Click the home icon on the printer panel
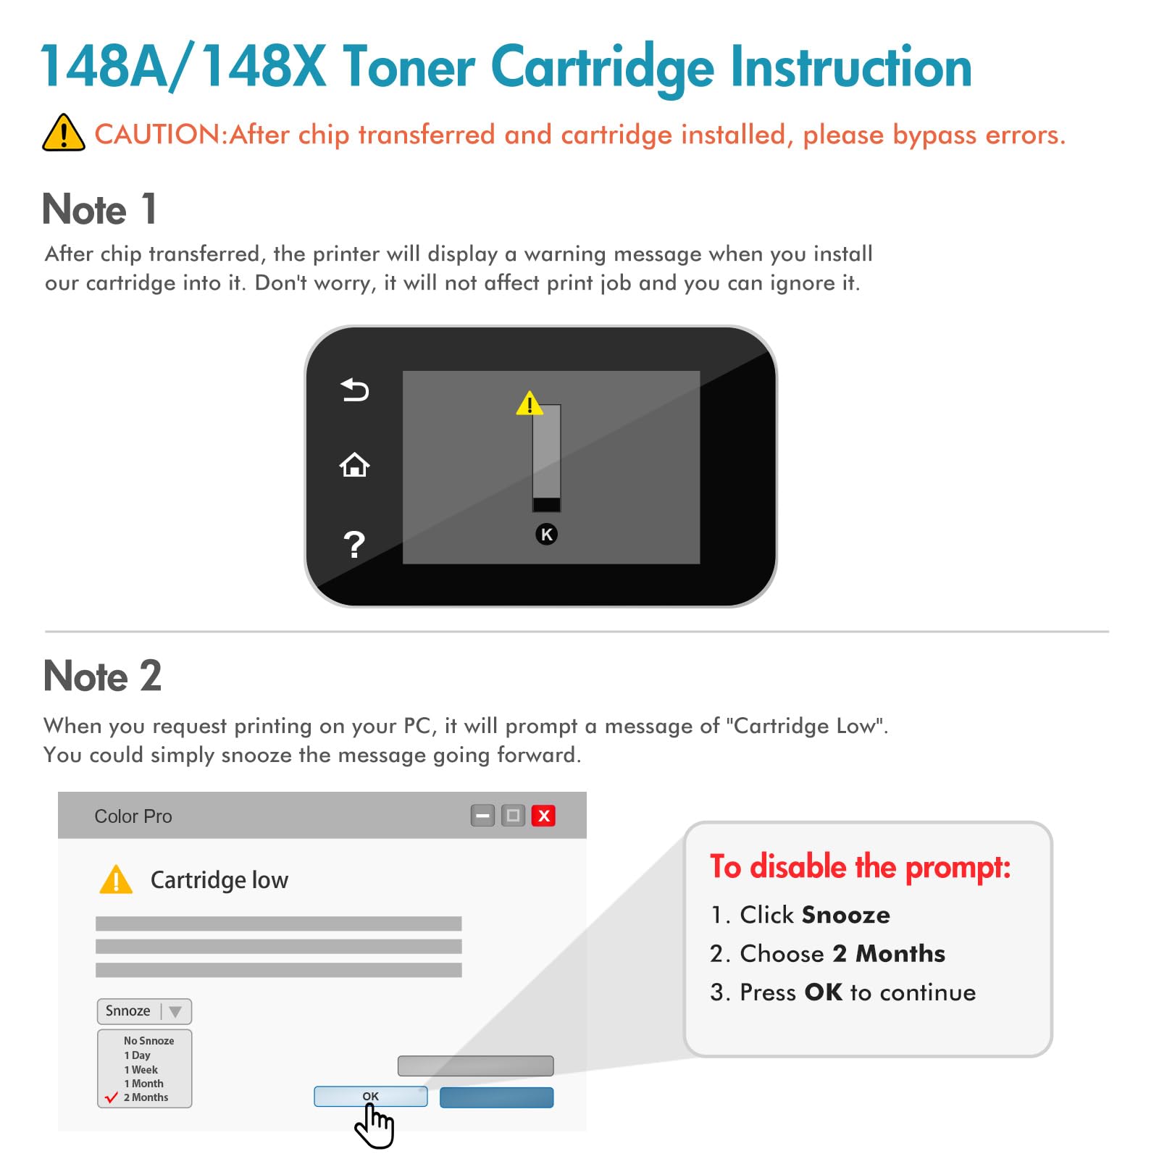tap(354, 465)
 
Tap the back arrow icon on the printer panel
tap(355, 390)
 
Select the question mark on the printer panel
tap(353, 544)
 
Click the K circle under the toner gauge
tap(546, 535)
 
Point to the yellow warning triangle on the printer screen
tap(530, 403)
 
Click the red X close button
tap(543, 816)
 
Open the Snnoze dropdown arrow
tap(175, 1011)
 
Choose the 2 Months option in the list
tap(146, 1097)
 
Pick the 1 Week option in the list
tap(141, 1070)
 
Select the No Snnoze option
tap(148, 1041)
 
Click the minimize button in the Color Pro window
tap(482, 816)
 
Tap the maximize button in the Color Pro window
tap(513, 816)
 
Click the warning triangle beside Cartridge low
tap(116, 879)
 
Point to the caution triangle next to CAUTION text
tap(64, 133)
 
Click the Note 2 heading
tap(102, 676)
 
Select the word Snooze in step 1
tap(846, 915)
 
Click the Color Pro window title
tap(133, 816)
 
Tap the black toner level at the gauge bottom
tap(546, 505)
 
